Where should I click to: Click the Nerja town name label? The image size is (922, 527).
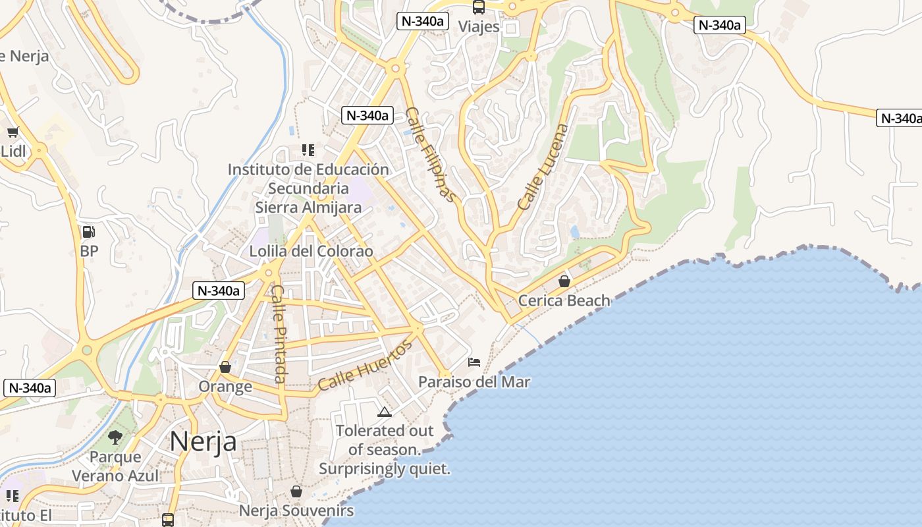pyautogui.click(x=203, y=441)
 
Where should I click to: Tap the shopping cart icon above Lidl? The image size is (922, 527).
pyautogui.click(x=13, y=132)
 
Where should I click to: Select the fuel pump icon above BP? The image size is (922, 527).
pyautogui.click(x=88, y=232)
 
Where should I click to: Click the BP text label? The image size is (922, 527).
pyautogui.click(x=89, y=251)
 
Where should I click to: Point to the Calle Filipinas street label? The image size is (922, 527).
pyautogui.click(x=430, y=154)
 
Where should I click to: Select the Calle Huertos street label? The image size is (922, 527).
pyautogui.click(x=364, y=365)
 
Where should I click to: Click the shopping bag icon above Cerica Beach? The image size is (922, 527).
pyautogui.click(x=564, y=281)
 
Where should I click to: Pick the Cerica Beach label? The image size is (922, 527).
pyautogui.click(x=564, y=301)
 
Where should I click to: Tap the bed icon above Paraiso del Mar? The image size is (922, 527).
pyautogui.click(x=474, y=362)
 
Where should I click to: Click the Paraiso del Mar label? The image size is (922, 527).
pyautogui.click(x=474, y=382)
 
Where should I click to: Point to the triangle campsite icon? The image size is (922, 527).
pyautogui.click(x=385, y=412)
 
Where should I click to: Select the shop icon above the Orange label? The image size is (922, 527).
pyautogui.click(x=225, y=367)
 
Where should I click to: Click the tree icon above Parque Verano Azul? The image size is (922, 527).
pyautogui.click(x=115, y=437)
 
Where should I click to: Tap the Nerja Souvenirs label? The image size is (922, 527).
pyautogui.click(x=296, y=511)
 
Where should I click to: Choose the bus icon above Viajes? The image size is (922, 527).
pyautogui.click(x=479, y=7)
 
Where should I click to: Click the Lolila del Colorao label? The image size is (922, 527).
pyautogui.click(x=311, y=251)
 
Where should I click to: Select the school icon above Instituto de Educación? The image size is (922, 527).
pyautogui.click(x=308, y=150)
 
